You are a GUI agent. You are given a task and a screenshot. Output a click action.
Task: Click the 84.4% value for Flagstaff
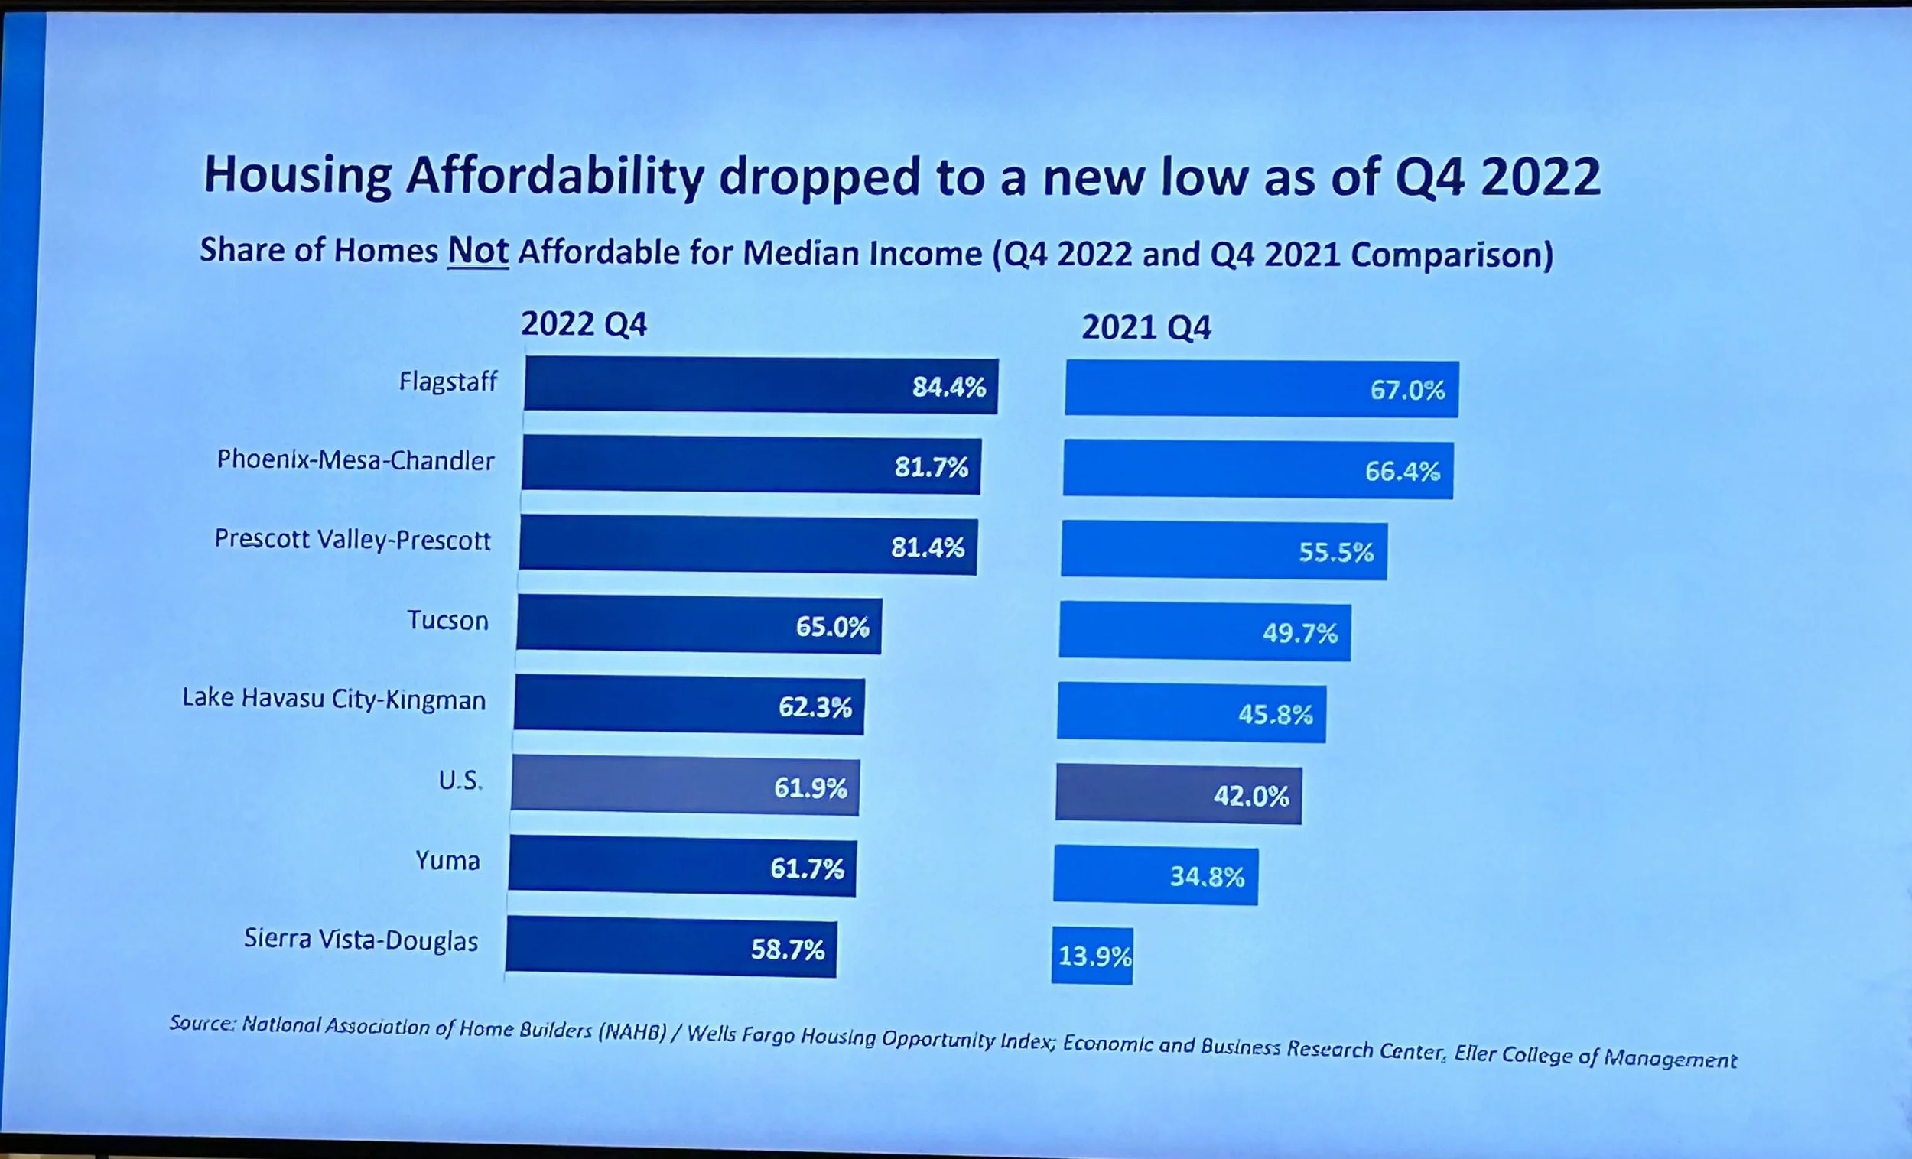[948, 386]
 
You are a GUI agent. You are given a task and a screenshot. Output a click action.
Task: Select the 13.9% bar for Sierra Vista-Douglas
[1093, 956]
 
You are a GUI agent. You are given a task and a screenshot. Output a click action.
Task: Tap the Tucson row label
[447, 621]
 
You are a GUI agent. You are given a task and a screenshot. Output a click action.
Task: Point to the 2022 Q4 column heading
[584, 324]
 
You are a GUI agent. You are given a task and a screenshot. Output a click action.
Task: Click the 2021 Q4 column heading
[1146, 327]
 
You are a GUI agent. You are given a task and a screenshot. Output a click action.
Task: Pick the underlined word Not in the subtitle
[478, 251]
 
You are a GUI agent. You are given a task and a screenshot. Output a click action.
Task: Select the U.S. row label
[460, 781]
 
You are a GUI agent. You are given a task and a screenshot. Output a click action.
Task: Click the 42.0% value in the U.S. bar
[1251, 796]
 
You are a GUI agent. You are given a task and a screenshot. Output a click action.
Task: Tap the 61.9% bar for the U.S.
[685, 786]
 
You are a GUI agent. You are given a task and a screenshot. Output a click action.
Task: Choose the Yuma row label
[447, 861]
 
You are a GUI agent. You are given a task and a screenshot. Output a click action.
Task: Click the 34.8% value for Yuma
[1207, 877]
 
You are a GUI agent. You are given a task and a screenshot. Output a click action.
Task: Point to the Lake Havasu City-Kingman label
[333, 699]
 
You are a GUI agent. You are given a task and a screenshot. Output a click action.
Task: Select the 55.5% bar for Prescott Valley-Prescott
[1224, 550]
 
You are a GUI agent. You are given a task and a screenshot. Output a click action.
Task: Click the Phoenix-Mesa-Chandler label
[356, 460]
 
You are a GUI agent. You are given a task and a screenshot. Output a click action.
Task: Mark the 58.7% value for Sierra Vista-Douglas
[787, 950]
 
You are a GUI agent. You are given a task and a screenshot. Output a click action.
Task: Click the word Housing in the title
[298, 174]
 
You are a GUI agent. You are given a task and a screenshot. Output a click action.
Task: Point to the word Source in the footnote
[200, 1023]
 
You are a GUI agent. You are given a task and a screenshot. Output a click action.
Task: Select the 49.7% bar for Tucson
[1205, 632]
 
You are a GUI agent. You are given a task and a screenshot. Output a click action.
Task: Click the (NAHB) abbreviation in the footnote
[632, 1032]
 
